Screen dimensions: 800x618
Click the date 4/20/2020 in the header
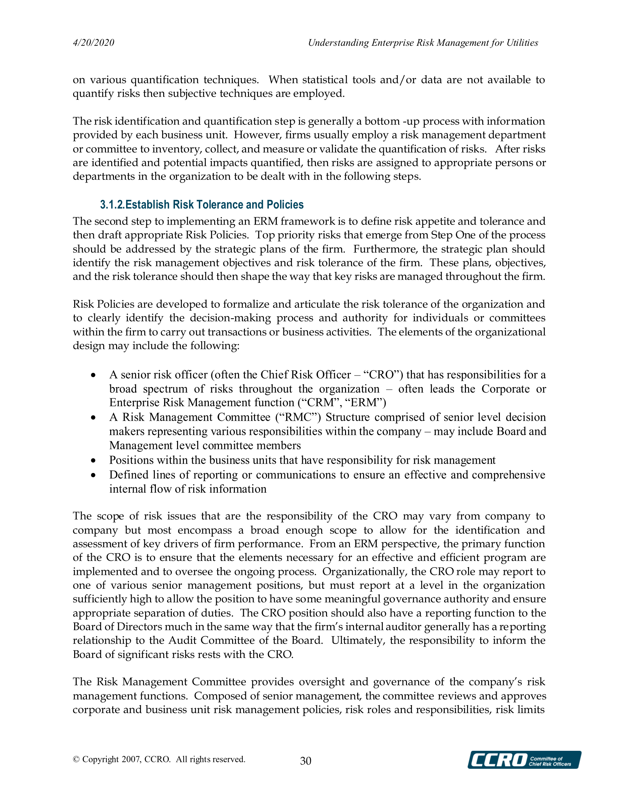tap(94, 43)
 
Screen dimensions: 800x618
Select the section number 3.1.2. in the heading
tap(113, 204)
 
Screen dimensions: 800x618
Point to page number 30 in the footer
tap(306, 761)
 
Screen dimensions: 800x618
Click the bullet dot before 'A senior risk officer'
tap(94, 375)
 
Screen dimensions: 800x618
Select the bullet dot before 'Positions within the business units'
tap(94, 460)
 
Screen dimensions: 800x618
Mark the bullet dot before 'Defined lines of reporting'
tap(94, 475)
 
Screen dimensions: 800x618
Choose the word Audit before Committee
tap(183, 640)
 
